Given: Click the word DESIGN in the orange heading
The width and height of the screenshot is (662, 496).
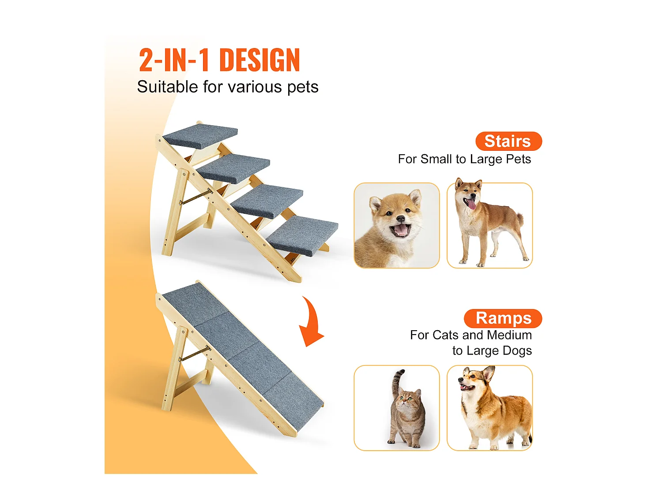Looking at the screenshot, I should [260, 60].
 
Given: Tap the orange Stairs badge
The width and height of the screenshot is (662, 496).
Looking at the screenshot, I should [508, 141].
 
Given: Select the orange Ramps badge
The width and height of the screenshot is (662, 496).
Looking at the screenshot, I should [503, 318].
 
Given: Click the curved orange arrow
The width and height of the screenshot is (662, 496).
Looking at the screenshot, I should [312, 324].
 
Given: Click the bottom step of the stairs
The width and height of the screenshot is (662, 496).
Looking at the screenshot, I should [303, 235].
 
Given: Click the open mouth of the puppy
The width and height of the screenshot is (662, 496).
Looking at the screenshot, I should [401, 230].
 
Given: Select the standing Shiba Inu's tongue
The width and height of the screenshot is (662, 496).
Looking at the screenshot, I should [472, 204].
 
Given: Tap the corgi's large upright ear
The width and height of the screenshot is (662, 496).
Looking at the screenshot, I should [489, 373].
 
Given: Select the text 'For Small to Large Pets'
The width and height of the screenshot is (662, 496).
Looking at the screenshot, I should [464, 159].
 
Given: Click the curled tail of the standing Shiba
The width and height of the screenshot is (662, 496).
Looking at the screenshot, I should [519, 219].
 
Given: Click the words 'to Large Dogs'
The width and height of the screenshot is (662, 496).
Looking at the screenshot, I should [492, 351].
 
